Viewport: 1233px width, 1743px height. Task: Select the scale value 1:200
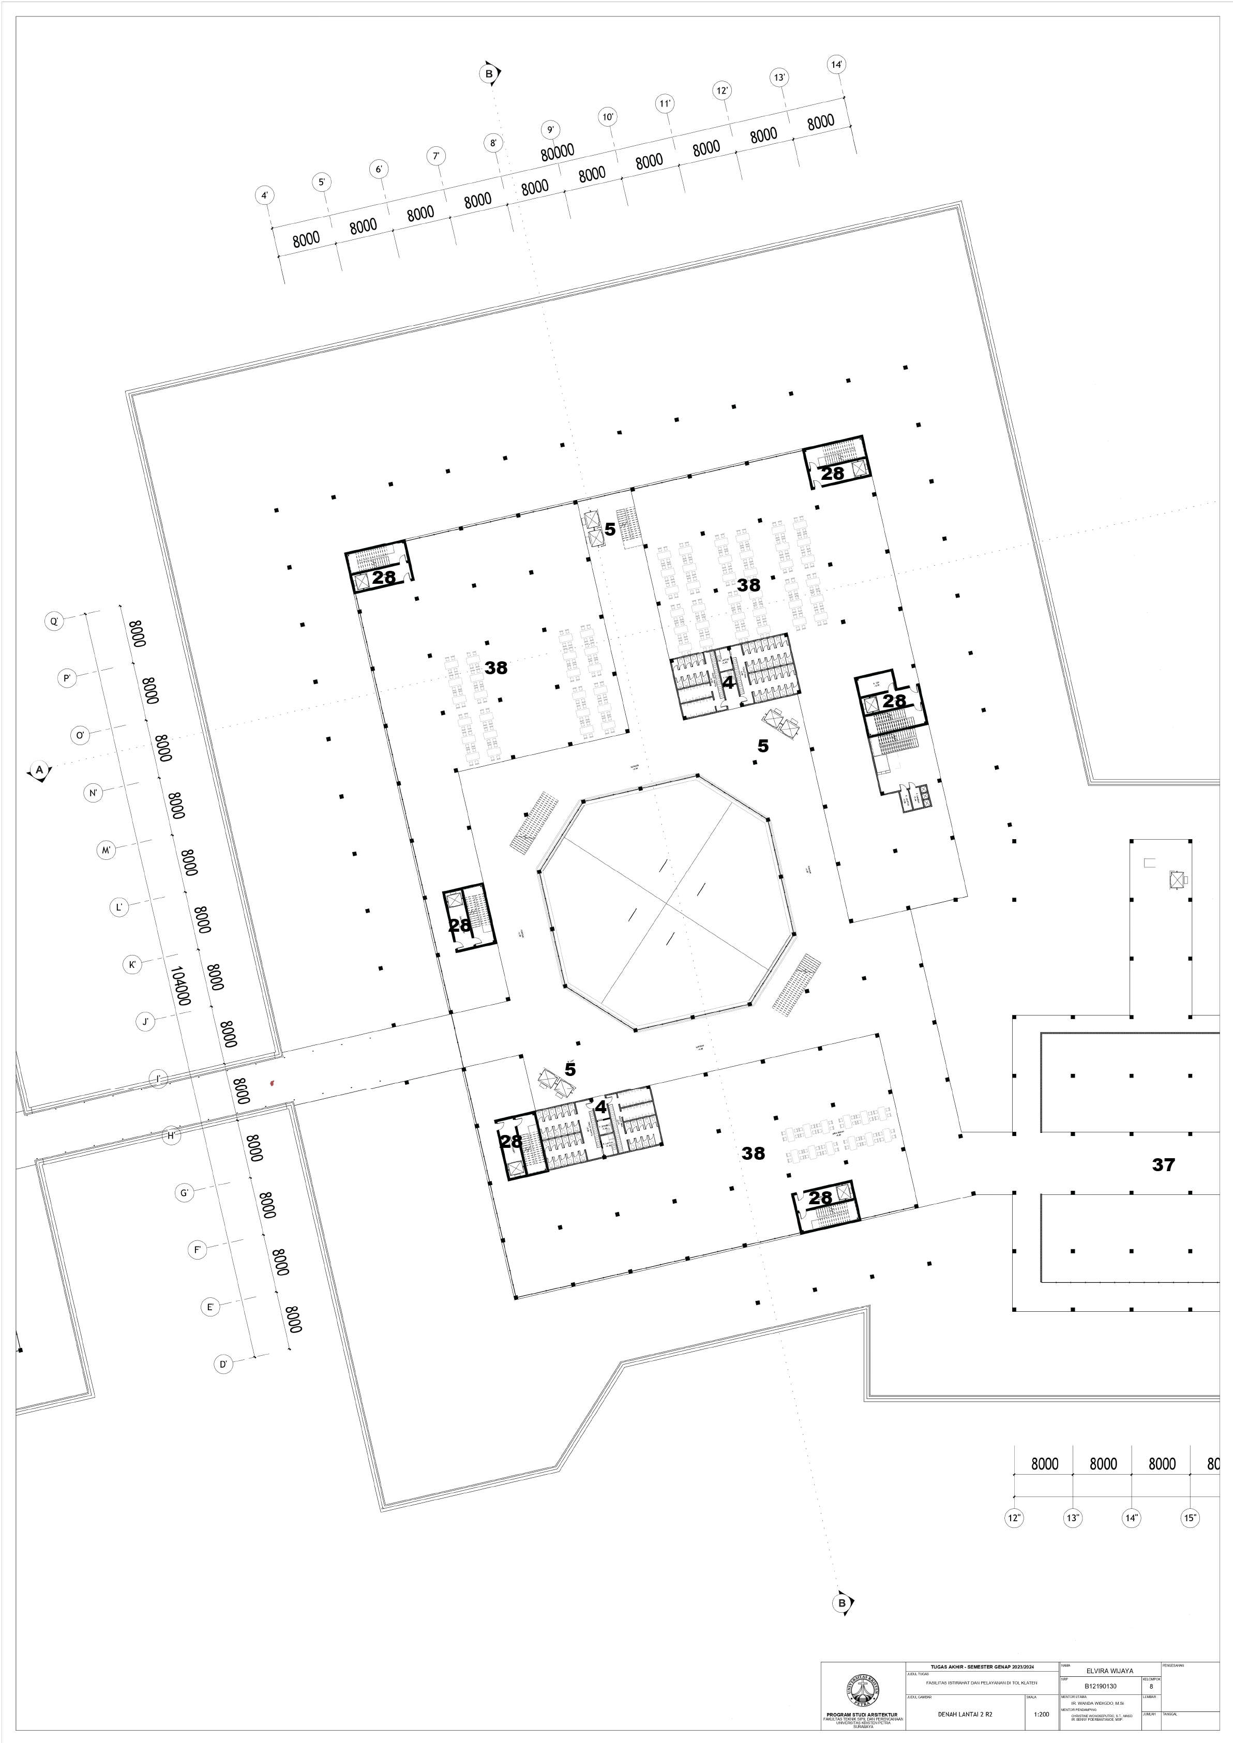point(1042,1714)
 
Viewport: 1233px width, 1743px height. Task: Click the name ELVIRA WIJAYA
point(1110,1671)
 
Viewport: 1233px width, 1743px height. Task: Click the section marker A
point(39,770)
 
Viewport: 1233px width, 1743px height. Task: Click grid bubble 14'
point(837,65)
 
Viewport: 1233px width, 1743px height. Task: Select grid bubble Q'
point(54,622)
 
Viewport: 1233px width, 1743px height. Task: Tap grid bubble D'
point(223,1364)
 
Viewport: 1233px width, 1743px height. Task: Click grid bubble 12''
point(1014,1518)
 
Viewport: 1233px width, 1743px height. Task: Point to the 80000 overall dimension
point(557,153)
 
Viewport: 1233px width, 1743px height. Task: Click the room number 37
point(1163,1164)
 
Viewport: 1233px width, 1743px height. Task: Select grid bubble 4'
point(264,196)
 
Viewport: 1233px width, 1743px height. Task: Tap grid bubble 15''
point(1190,1518)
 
